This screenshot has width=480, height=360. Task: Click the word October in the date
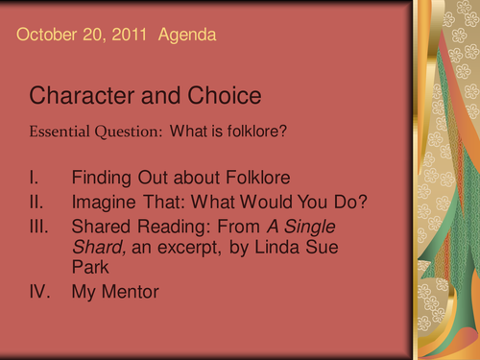(x=46, y=36)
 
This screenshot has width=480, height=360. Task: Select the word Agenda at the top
(x=186, y=36)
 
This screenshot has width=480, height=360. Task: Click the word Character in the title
(x=79, y=96)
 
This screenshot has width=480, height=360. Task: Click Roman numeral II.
(x=37, y=203)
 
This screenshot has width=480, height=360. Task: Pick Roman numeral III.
(x=40, y=228)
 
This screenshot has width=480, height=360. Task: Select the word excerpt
(x=183, y=250)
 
